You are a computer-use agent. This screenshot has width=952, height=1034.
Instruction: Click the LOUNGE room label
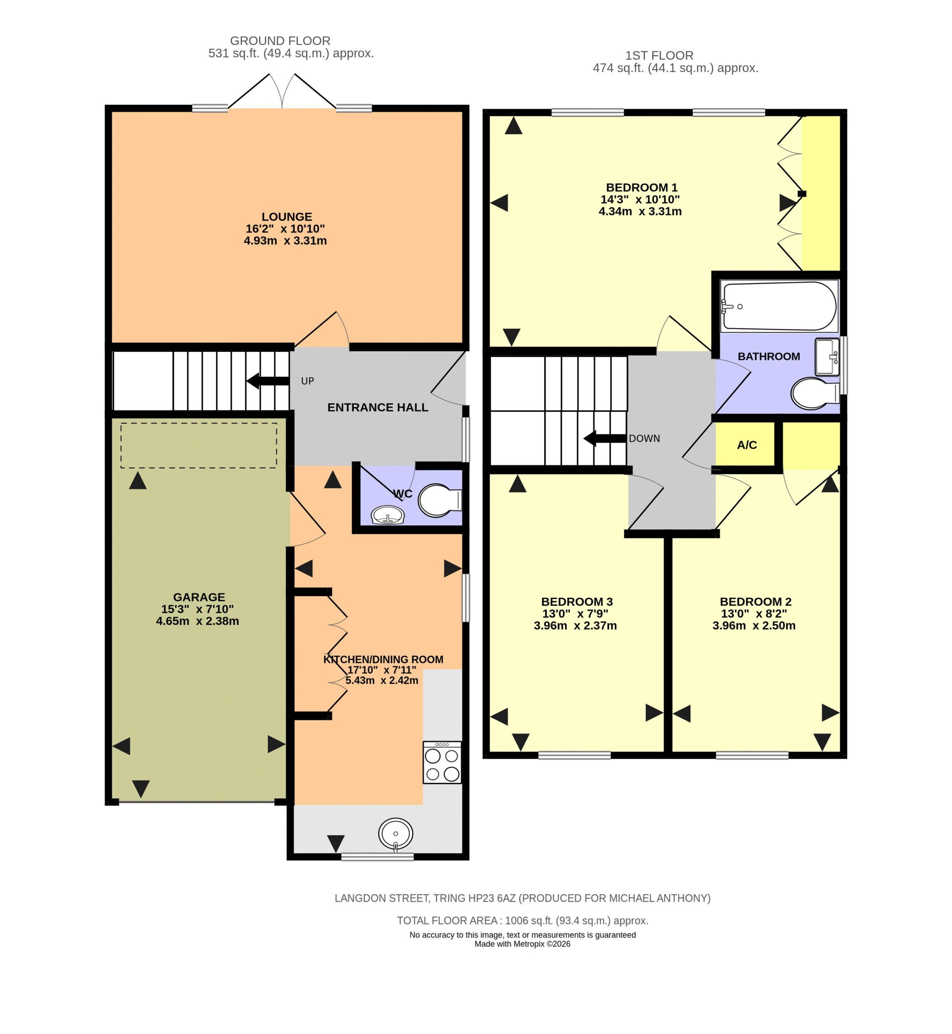click(286, 217)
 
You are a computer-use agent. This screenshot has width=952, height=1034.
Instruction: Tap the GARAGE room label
click(199, 597)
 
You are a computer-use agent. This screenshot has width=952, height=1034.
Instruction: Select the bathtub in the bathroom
click(779, 306)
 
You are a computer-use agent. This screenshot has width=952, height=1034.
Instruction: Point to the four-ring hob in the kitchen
click(442, 763)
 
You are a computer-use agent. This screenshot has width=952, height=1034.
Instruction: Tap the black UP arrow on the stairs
click(267, 381)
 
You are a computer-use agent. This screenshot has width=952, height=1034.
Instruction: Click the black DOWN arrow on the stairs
click(605, 438)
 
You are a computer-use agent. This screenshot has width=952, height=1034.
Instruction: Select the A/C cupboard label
click(747, 445)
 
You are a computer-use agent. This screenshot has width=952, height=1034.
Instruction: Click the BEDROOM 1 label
click(641, 187)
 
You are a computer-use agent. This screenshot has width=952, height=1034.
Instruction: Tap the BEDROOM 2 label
click(755, 602)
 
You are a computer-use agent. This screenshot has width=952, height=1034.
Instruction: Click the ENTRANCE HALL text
click(378, 408)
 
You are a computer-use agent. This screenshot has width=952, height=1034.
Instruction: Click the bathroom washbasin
click(827, 357)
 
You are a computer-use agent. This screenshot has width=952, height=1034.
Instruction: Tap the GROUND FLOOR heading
click(280, 41)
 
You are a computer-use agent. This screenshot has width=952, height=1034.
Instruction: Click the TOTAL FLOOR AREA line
click(522, 921)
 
